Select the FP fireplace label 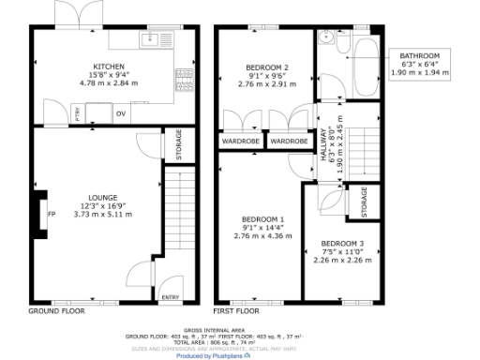tap(52, 212)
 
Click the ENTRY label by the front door tap(170, 297)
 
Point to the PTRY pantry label tap(77, 113)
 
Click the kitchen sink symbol tap(152, 39)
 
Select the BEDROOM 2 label tap(266, 67)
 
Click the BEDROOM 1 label tap(259, 219)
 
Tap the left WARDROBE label tap(240, 142)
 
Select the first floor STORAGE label tap(365, 201)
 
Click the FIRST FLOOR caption tap(235, 310)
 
